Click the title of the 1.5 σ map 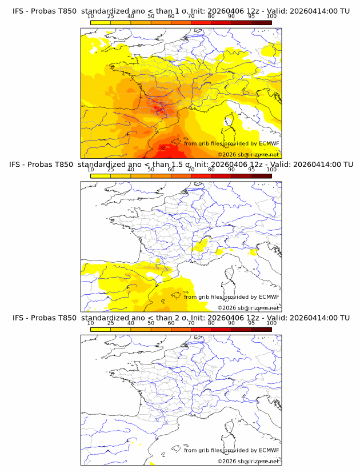pos(181,165)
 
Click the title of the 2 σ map pos(181,318)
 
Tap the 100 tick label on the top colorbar pos(271,17)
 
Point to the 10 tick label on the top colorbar pos(90,17)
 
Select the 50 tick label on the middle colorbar pos(151,170)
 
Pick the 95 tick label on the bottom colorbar pos(251,323)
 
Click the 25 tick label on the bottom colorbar pos(110,323)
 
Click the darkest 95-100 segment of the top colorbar pos(262,22)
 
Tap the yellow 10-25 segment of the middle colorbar pos(101,175)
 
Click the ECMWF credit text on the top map pos(231,144)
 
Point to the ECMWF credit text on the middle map pos(231,297)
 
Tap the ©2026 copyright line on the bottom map pos(249,461)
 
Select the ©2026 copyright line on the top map pos(249,155)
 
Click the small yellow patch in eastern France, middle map pos(201,246)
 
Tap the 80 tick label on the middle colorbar pos(211,170)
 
